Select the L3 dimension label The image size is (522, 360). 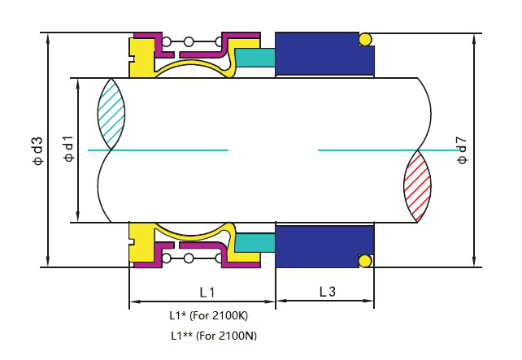(326, 290)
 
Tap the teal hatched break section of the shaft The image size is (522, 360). (111, 114)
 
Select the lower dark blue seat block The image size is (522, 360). (324, 245)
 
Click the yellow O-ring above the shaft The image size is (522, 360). (365, 38)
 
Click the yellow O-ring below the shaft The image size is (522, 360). (365, 261)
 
